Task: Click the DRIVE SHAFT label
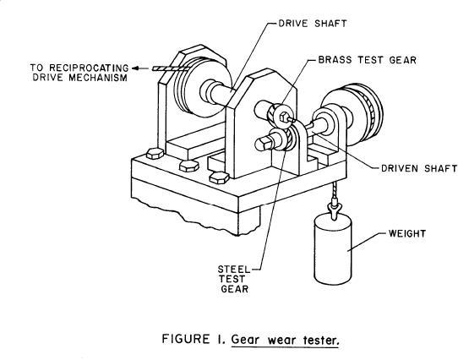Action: (x=313, y=24)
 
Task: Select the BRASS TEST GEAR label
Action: (x=367, y=60)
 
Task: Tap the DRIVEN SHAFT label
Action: (x=419, y=168)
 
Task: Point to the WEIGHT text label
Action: (x=407, y=233)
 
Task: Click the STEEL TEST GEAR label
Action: (x=234, y=279)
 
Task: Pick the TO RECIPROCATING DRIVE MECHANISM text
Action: (x=79, y=73)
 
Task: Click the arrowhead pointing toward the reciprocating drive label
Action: (x=135, y=68)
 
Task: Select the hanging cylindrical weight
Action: (x=332, y=249)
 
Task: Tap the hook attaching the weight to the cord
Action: (x=334, y=208)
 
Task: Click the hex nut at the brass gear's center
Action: (x=284, y=117)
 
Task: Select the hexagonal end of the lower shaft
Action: (x=262, y=144)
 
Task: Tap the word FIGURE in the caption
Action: (x=186, y=339)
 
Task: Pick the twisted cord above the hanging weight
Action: (x=333, y=189)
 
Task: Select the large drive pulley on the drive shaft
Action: (x=203, y=87)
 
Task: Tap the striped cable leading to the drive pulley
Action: (x=172, y=68)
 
